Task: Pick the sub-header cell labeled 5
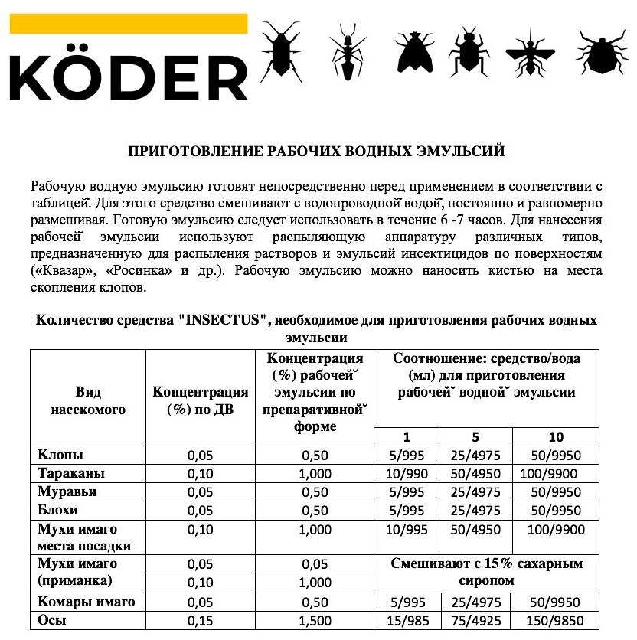[x=475, y=436]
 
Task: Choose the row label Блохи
[x=58, y=509]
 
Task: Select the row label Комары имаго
[x=87, y=602]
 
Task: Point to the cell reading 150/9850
[x=556, y=620]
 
